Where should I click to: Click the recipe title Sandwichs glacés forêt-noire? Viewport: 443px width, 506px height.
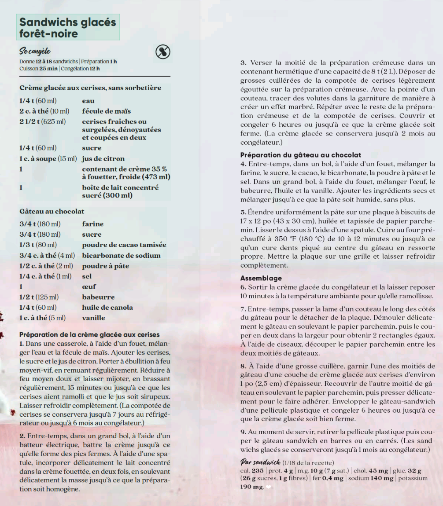coord(68,28)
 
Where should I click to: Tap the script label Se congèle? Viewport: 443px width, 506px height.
coord(35,51)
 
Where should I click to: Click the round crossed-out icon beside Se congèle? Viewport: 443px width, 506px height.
coord(163,52)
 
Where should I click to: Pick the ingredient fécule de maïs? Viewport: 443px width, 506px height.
coord(106,111)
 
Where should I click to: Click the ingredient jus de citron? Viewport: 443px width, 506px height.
coord(103,158)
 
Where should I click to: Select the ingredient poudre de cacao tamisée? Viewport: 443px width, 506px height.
coord(124,245)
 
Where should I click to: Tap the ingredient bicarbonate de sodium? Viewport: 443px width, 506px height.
coord(121,256)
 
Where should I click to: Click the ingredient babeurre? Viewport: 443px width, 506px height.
coord(98,297)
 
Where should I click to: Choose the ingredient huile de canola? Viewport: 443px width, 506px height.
coord(107,308)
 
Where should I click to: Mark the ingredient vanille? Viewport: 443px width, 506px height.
coord(93,318)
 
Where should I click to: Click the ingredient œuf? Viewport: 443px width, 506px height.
coord(89,286)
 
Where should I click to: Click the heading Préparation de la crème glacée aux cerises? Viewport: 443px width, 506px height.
coord(89,334)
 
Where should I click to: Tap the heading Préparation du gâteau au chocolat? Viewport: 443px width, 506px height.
coord(301,155)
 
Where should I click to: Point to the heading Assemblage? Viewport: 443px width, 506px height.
coord(261,279)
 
